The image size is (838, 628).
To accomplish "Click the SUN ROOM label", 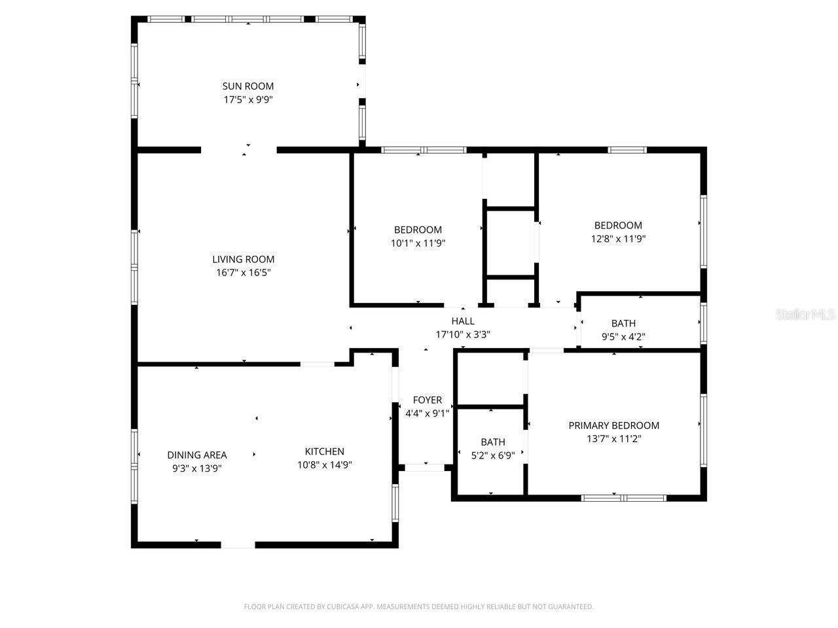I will (247, 86).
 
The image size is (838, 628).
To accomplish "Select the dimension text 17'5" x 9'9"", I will (247, 100).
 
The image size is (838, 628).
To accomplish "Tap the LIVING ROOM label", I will (243, 259).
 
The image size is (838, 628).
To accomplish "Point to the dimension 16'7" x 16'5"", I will (243, 273).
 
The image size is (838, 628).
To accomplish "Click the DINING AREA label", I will (196, 455).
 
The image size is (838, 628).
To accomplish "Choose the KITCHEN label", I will (324, 451).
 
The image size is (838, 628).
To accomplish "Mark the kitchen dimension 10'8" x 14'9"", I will (324, 465).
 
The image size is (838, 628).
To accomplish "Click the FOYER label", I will (427, 400).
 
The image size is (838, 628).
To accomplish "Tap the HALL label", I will (462, 321).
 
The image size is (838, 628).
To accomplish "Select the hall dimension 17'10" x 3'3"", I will (462, 334).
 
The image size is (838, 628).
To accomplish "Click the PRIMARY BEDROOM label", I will (613, 425).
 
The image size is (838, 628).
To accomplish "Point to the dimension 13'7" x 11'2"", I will (613, 439).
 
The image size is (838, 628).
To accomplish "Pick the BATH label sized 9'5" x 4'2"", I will (623, 323).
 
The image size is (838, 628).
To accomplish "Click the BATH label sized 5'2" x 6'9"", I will (492, 442).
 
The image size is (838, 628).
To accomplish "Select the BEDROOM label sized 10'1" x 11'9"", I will (418, 230).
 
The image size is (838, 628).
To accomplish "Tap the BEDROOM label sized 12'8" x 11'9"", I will (618, 225).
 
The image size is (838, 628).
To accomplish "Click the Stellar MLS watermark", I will (805, 315).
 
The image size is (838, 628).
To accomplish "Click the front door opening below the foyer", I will (425, 467).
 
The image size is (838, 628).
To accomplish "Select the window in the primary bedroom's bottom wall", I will (623, 498).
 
